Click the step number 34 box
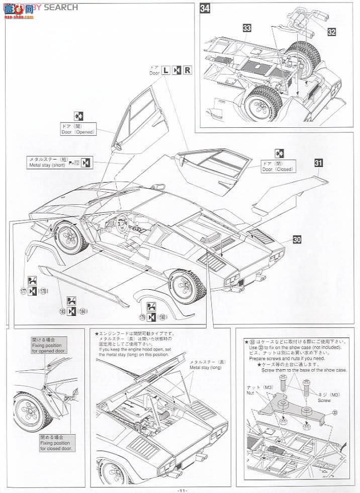coord(205,8)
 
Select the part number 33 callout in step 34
coord(246,28)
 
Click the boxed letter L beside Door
coord(166,71)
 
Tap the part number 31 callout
coord(318,162)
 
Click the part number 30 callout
coord(297,240)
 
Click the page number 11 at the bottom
coord(182,489)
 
